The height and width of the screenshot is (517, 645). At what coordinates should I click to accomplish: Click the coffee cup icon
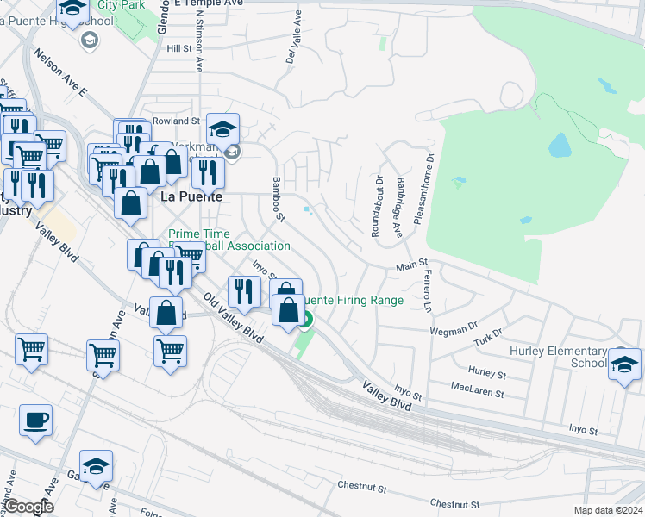[x=34, y=422]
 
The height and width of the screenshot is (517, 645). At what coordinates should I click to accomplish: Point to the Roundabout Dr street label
[x=376, y=206]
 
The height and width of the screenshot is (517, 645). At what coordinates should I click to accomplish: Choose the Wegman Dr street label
[x=454, y=328]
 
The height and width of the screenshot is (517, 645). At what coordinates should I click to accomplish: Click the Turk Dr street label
[x=487, y=339]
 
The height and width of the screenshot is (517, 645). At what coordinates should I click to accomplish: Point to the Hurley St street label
[x=486, y=372]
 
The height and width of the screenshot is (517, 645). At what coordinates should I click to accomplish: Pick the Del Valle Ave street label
[x=291, y=48]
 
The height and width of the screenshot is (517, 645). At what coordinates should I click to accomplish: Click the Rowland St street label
[x=176, y=121]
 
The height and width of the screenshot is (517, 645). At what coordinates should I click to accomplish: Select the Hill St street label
[x=179, y=50]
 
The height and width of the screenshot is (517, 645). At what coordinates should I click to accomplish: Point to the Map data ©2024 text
[x=608, y=510]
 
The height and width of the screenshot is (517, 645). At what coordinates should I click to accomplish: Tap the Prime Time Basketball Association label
[x=229, y=240]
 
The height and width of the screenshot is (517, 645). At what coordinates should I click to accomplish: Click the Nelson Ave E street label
[x=61, y=73]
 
